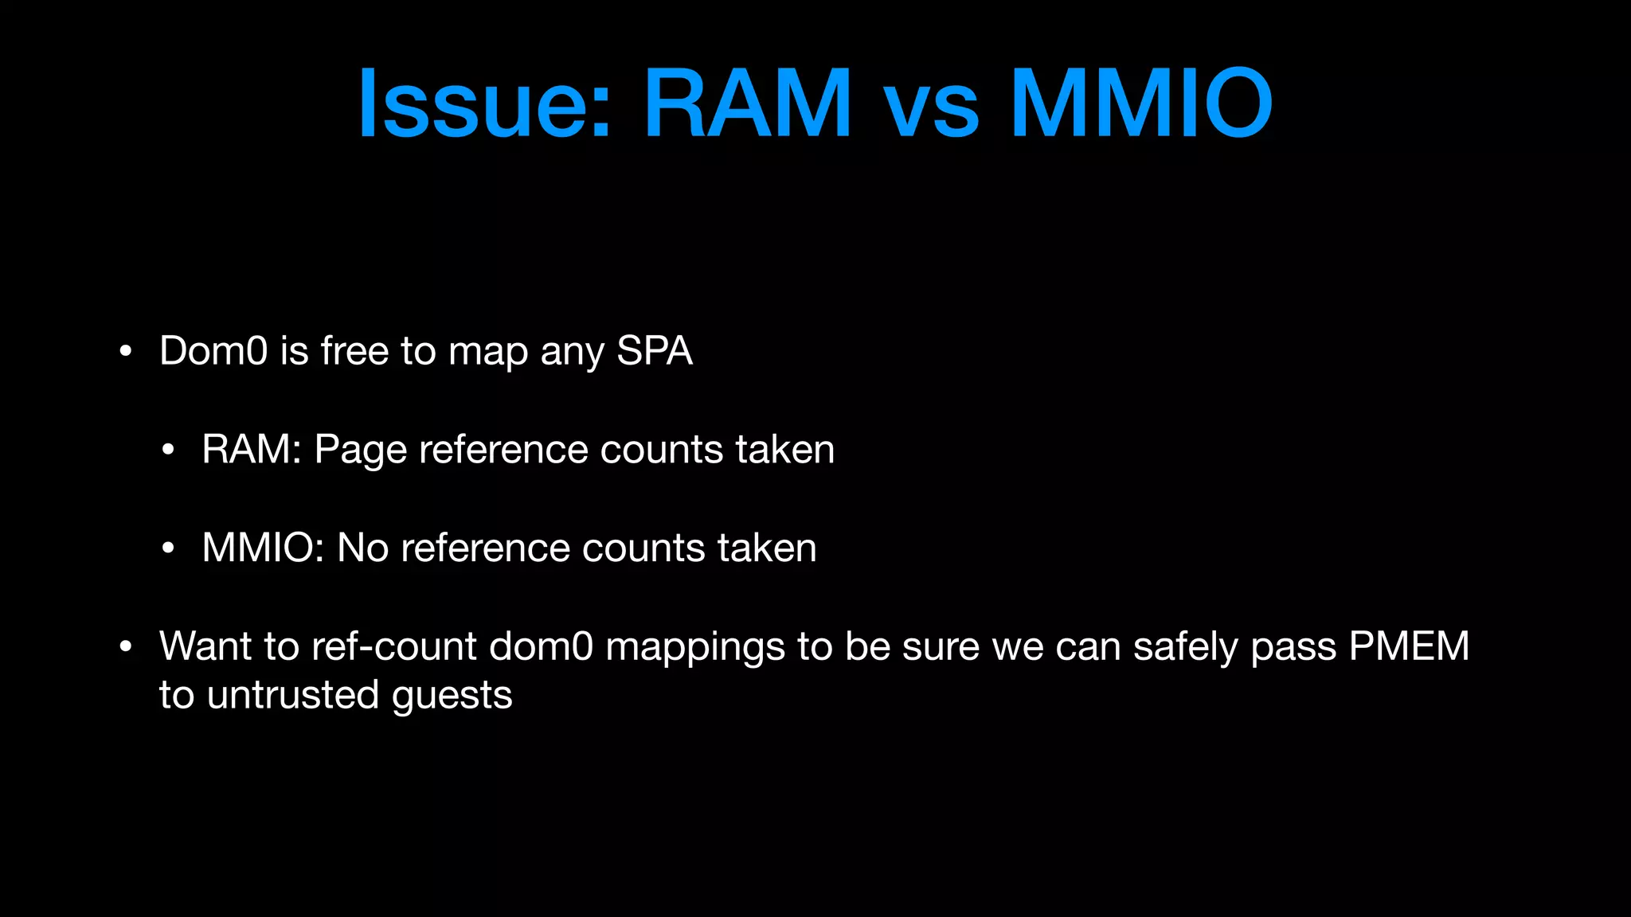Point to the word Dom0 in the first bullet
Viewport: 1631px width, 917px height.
pyautogui.click(x=213, y=351)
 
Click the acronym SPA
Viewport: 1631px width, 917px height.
pyautogui.click(x=655, y=351)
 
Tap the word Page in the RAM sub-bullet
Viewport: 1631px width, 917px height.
pyautogui.click(x=360, y=451)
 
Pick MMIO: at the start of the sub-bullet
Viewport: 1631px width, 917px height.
pyautogui.click(x=264, y=548)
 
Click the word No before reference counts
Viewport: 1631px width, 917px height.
pyautogui.click(x=362, y=548)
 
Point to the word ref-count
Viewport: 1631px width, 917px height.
pyautogui.click(x=394, y=646)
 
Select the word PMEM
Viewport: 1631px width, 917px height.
pyautogui.click(x=1409, y=646)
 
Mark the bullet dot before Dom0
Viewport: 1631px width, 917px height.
pyautogui.click(x=125, y=352)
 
